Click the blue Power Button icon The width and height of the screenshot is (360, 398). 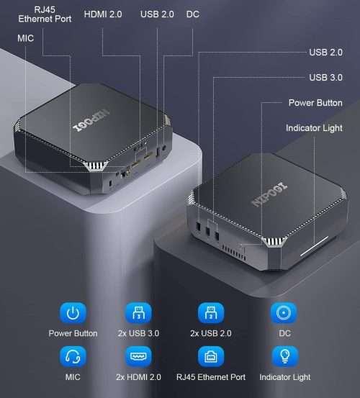[x=73, y=312]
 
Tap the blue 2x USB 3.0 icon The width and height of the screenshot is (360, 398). [x=138, y=312]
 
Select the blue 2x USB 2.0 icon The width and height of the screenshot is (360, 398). [x=211, y=312]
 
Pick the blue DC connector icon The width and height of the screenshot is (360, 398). [x=284, y=312]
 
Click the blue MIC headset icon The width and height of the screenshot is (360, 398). [x=73, y=356]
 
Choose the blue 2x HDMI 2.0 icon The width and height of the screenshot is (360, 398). [x=138, y=356]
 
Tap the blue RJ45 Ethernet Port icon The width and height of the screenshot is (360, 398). [x=211, y=356]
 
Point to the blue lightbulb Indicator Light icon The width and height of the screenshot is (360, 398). [x=284, y=356]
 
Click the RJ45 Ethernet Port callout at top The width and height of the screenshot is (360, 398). [x=45, y=14]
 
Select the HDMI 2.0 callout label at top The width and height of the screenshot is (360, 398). [x=103, y=14]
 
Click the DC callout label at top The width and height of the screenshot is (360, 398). [x=193, y=14]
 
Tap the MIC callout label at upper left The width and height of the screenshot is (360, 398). [x=25, y=38]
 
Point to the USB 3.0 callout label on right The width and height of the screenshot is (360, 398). [x=325, y=78]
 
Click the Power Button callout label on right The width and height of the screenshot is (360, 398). [x=315, y=103]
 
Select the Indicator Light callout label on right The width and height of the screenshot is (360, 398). [x=314, y=128]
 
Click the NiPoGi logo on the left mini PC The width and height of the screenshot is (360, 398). [x=91, y=121]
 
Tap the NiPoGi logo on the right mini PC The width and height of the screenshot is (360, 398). [x=269, y=194]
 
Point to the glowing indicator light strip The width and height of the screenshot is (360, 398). [x=315, y=246]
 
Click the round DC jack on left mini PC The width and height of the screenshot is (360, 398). [x=164, y=148]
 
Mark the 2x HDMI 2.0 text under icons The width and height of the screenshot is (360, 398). [x=138, y=377]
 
